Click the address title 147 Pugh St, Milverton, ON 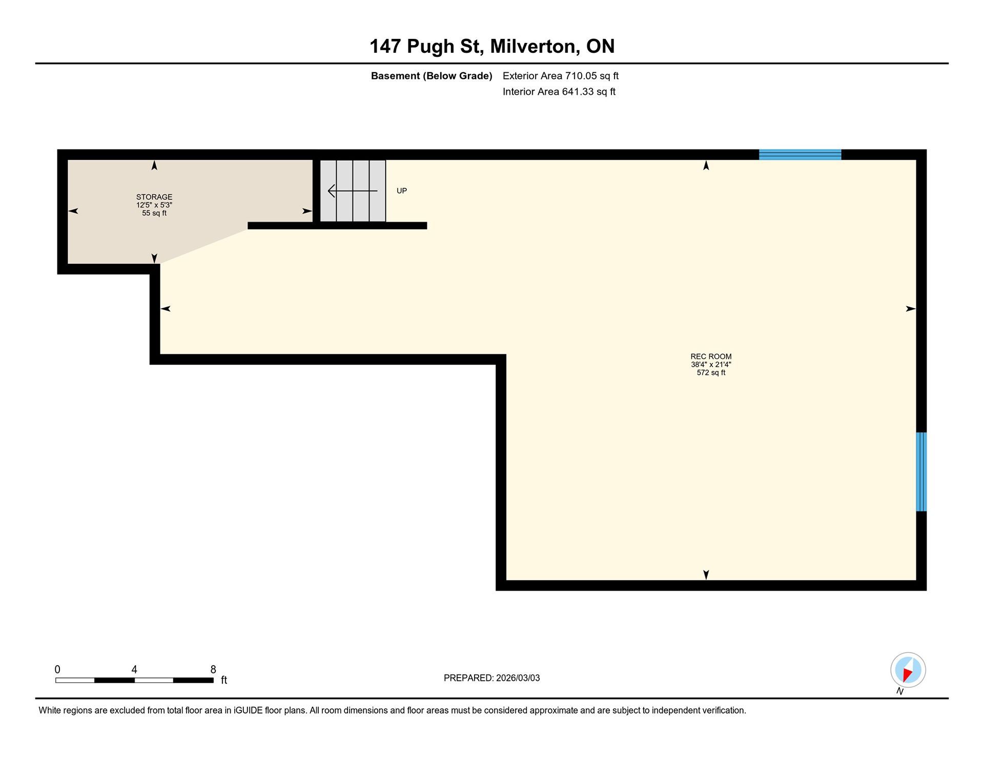[x=492, y=47]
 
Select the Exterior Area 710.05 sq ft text [x=561, y=76]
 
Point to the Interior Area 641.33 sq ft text [x=559, y=92]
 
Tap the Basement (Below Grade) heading [x=432, y=76]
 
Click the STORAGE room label [x=154, y=197]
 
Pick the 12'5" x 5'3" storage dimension [x=154, y=205]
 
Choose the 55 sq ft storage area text [x=154, y=213]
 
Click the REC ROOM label [x=711, y=356]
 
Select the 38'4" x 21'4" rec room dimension [x=711, y=365]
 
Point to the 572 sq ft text [x=711, y=373]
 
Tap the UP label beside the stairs [x=402, y=191]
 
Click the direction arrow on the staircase [x=353, y=191]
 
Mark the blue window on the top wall [x=800, y=155]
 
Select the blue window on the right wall [x=921, y=472]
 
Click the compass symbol [x=908, y=670]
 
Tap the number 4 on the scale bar [x=134, y=669]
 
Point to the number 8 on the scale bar [x=213, y=669]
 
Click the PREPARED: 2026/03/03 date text [x=492, y=678]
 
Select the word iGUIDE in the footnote [x=248, y=710]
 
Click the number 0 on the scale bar [x=57, y=669]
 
